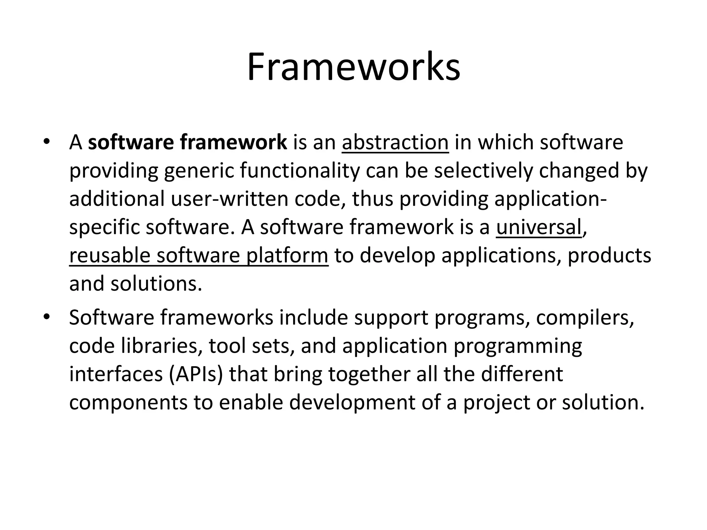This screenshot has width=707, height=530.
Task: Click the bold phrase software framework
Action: click(187, 142)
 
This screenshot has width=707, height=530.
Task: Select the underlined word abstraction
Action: click(395, 142)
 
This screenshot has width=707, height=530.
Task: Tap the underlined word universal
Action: click(539, 227)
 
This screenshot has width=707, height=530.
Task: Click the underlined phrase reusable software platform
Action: click(198, 256)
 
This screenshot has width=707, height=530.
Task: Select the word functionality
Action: click(299, 171)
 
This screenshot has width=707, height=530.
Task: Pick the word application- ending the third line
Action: click(550, 199)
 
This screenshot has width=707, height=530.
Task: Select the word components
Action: click(128, 403)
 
